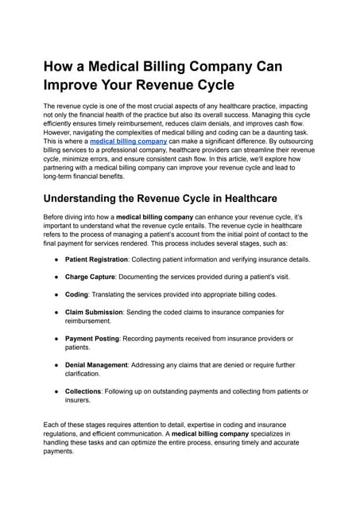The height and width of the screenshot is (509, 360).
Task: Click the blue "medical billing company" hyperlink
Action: point(128,141)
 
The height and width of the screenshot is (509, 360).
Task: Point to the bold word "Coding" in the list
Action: point(78,295)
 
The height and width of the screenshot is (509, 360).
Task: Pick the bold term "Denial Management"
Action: point(96,364)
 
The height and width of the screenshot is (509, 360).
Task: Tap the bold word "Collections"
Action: point(83,390)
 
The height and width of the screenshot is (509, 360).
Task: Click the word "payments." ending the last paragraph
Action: point(58,451)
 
